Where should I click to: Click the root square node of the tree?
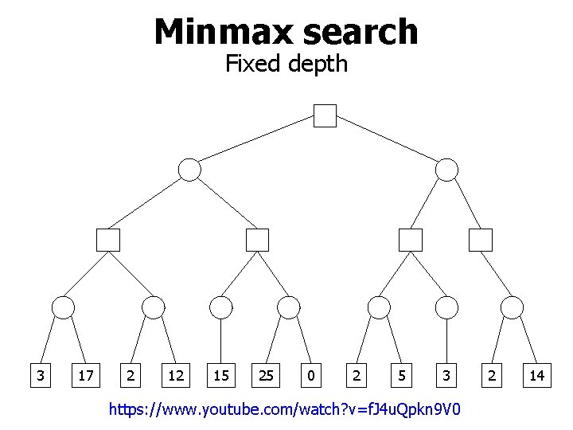click(x=325, y=115)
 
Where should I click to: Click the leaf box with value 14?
click(x=539, y=374)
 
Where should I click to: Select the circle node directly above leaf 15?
click(x=220, y=307)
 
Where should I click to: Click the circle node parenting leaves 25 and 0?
click(x=288, y=307)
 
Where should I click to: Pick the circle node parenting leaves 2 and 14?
click(x=513, y=307)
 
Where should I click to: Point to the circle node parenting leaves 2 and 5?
click(x=380, y=307)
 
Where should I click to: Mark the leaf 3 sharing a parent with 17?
click(x=39, y=374)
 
